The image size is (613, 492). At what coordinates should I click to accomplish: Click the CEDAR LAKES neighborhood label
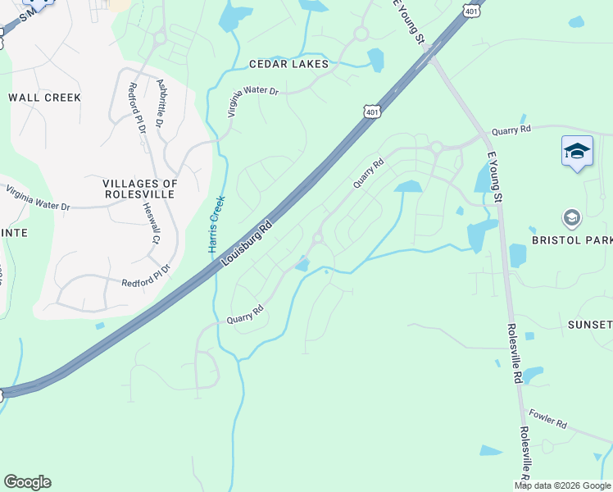click(288, 64)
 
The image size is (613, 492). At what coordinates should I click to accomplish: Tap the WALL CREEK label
click(45, 98)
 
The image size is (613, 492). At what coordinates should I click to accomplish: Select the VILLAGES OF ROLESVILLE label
click(139, 189)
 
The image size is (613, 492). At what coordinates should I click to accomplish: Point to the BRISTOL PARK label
click(572, 240)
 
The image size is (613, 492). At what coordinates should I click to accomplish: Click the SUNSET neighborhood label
click(590, 325)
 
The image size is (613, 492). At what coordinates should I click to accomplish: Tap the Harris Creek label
click(216, 224)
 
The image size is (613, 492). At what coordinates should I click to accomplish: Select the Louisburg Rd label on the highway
click(246, 243)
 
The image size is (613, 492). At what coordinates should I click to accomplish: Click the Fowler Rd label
click(548, 419)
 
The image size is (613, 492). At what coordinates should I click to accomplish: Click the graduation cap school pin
click(577, 152)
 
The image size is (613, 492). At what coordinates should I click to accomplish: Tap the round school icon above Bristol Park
click(571, 218)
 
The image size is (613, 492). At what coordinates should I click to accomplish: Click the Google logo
click(27, 482)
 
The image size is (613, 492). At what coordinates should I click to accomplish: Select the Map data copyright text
click(562, 485)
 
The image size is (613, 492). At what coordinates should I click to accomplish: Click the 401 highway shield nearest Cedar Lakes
click(372, 112)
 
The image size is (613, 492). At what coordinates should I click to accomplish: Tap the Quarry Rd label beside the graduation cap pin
click(511, 130)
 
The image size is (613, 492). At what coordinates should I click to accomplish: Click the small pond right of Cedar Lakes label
click(375, 59)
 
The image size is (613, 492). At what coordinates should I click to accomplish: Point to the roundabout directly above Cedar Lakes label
click(360, 34)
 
